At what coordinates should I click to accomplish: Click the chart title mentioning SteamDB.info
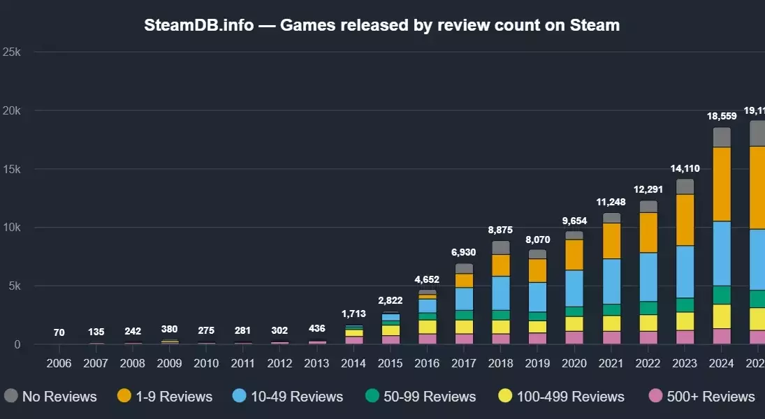[381, 25]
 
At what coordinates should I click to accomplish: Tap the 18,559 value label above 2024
[722, 116]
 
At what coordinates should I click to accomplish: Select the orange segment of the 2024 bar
[722, 184]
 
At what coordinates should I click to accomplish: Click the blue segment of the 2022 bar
[648, 277]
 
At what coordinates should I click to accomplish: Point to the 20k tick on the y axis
[15, 110]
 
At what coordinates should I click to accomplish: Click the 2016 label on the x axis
[428, 364]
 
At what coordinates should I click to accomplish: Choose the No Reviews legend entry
[50, 397]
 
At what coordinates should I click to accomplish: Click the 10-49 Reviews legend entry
[288, 397]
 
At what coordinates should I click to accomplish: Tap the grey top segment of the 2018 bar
[501, 247]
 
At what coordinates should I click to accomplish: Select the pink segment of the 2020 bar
[574, 337]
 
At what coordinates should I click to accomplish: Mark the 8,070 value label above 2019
[537, 240]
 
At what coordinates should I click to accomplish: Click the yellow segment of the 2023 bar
[685, 321]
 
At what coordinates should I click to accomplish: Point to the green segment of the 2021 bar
[611, 309]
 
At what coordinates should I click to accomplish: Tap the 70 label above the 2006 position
[59, 332]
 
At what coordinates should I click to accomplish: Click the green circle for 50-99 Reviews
[372, 397]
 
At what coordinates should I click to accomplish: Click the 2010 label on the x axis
[206, 364]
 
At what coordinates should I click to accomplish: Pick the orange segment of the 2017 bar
[465, 280]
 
